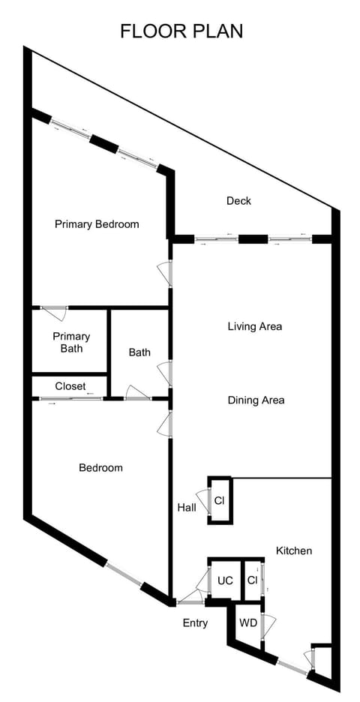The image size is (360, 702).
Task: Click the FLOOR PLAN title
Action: coord(181,31)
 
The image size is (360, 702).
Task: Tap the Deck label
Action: coord(238,201)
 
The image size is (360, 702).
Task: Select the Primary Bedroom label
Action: coord(97,223)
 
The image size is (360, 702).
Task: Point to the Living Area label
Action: coord(255,326)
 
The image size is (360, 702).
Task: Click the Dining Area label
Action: coord(256,400)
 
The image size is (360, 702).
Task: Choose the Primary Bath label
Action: coord(71,342)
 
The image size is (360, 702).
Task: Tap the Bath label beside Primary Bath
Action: coord(139,352)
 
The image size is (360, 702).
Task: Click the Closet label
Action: coord(70,386)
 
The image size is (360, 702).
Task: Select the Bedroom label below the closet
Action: coord(100,467)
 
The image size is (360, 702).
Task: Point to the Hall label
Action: coord(187,508)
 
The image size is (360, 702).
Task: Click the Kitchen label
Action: coord(294,550)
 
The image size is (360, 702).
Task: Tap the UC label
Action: coord(225,580)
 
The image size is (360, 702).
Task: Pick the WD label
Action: coord(247,622)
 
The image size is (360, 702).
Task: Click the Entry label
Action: coord(195,622)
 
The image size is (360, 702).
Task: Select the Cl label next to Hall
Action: coord(220,500)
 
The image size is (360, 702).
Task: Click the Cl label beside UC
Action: coord(252,580)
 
